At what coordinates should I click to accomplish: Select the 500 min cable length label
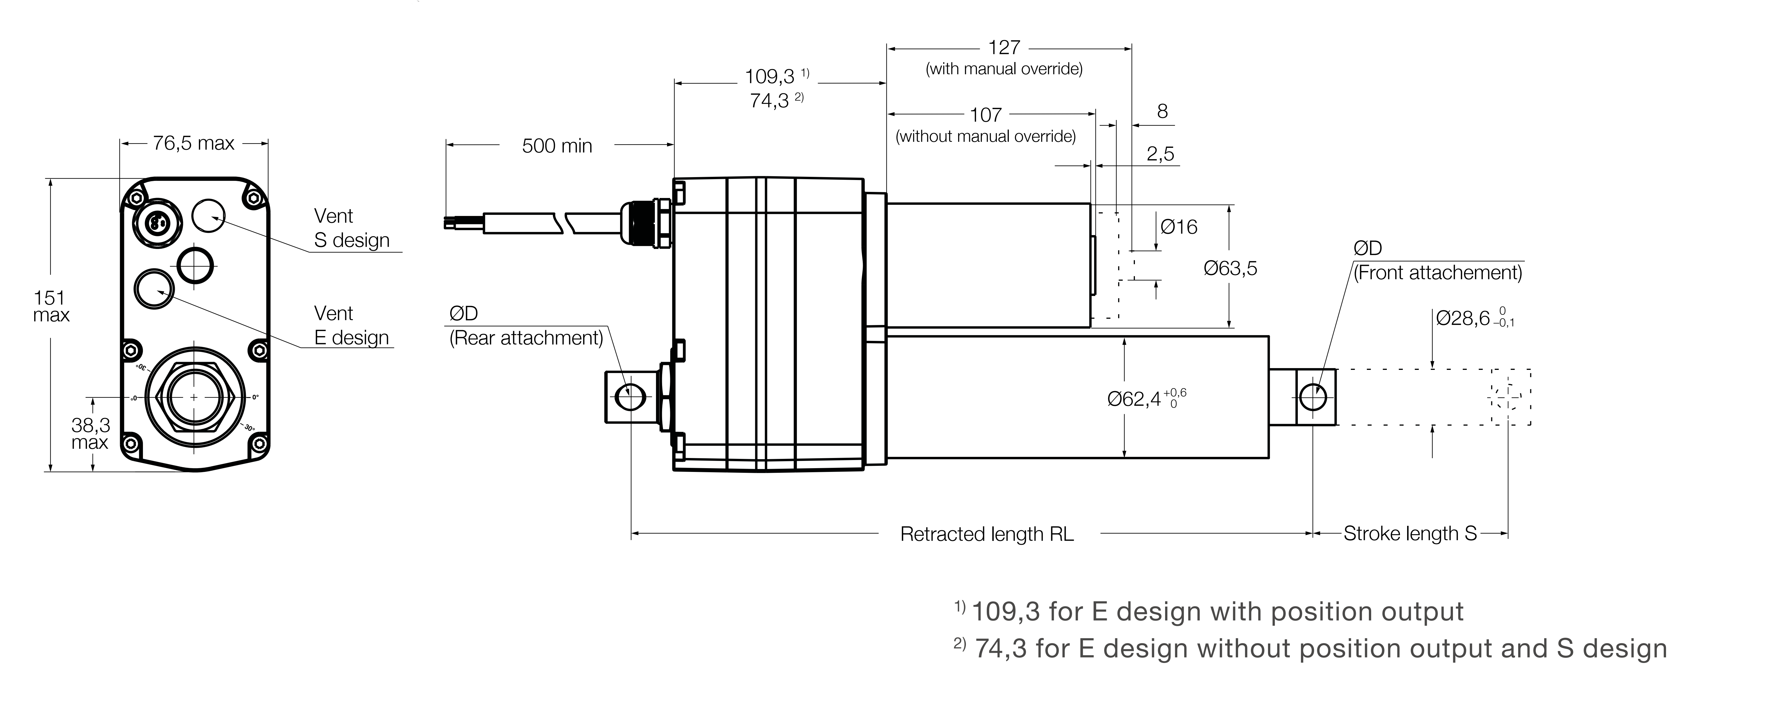[x=557, y=146]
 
